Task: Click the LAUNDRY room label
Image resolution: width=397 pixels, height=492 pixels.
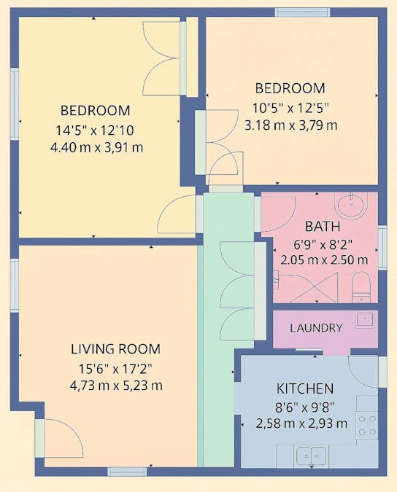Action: (x=316, y=328)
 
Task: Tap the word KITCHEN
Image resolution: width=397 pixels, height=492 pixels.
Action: (x=304, y=388)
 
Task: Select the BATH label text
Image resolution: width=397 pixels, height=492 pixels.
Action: (x=323, y=227)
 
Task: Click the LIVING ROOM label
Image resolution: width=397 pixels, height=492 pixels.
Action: (x=115, y=349)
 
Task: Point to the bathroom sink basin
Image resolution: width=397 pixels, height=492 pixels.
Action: (x=351, y=204)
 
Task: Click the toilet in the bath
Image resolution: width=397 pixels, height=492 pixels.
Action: (x=361, y=287)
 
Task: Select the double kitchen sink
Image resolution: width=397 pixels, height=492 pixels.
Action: (x=312, y=456)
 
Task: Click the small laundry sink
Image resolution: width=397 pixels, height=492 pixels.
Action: (x=365, y=320)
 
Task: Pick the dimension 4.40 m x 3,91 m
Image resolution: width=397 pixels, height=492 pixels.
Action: (x=97, y=147)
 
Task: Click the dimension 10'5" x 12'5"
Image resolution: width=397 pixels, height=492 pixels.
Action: (x=291, y=109)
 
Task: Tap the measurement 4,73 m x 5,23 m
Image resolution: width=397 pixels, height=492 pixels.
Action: (x=116, y=386)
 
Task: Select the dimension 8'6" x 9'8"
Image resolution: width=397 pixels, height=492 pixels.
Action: (x=304, y=408)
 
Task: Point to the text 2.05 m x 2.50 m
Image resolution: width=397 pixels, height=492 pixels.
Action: (x=324, y=260)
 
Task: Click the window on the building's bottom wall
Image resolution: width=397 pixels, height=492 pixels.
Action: (x=127, y=472)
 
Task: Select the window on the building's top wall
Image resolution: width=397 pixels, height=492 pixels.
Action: (x=302, y=12)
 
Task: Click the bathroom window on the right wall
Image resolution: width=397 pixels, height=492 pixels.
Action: (x=382, y=247)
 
